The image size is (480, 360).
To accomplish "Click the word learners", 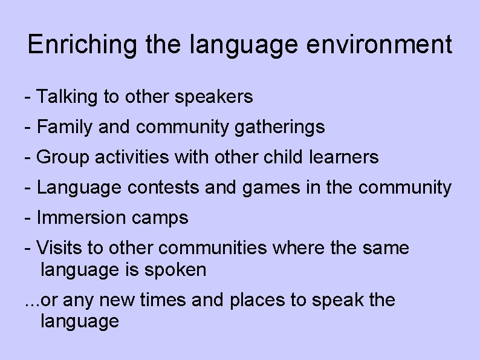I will pyautogui.click(x=343, y=157).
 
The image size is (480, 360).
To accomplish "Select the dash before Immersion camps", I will pyautogui.click(x=27, y=218).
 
